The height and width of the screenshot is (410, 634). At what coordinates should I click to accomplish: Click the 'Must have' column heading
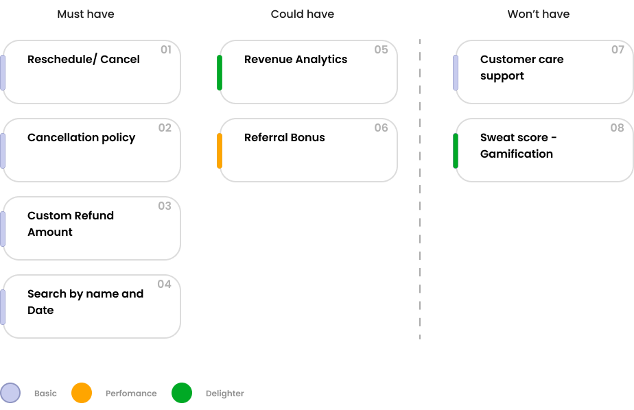tap(86, 14)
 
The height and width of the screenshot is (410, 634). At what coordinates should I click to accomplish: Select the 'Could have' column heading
tap(303, 14)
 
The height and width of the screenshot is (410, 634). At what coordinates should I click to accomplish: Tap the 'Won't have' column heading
tap(538, 14)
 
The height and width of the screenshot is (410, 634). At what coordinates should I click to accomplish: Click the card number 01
tap(165, 50)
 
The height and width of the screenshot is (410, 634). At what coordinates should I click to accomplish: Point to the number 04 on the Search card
tap(164, 285)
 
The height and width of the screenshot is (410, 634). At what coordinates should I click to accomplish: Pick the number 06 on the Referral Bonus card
tap(381, 128)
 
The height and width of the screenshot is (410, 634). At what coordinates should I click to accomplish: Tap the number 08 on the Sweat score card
tap(617, 128)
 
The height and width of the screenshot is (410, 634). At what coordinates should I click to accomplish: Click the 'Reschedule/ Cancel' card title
tap(83, 60)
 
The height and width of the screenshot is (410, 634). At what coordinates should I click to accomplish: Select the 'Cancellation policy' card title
tap(81, 138)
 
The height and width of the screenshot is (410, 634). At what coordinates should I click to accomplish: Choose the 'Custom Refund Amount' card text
tap(70, 224)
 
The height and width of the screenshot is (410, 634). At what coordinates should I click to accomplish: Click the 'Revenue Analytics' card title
tap(295, 60)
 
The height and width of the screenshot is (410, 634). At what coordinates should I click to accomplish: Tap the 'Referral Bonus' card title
tap(284, 138)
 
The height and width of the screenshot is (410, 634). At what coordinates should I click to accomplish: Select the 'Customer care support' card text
tap(521, 67)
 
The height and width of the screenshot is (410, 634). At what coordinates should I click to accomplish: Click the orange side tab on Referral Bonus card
tap(220, 151)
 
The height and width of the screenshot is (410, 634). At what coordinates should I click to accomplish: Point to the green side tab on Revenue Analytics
tap(220, 73)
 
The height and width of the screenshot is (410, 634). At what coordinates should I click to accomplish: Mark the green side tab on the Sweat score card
tap(456, 151)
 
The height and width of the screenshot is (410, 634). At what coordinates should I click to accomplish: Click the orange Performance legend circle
tap(82, 393)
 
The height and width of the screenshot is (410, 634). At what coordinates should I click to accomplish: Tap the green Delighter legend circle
tap(182, 393)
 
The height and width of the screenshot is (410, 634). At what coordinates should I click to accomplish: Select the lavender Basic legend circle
tap(10, 393)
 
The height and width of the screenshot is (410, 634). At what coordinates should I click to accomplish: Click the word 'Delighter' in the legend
tap(224, 394)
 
